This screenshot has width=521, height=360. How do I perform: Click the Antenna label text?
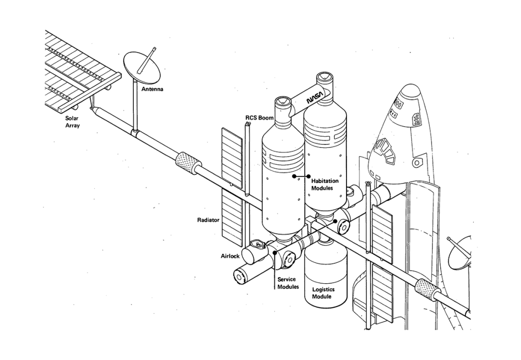[152, 89]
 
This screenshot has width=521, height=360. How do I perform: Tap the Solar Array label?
[72, 122]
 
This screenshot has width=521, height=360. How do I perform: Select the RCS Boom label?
[259, 117]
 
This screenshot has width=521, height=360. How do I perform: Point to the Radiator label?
[208, 220]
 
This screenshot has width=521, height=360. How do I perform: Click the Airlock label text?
[230, 256]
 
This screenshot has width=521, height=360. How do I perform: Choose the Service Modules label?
[288, 283]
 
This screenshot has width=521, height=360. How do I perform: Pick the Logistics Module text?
[323, 292]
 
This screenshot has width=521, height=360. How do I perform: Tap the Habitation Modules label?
[325, 184]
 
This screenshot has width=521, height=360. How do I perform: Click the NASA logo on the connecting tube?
[314, 98]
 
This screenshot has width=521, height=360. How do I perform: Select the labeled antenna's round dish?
[141, 68]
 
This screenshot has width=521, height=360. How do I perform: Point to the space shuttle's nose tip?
[410, 86]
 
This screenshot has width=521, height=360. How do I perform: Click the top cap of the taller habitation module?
[324, 78]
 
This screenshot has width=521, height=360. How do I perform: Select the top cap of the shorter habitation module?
[283, 101]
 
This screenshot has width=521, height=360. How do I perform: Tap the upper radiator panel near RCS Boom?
[232, 158]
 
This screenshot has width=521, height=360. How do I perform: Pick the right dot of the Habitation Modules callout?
[308, 176]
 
